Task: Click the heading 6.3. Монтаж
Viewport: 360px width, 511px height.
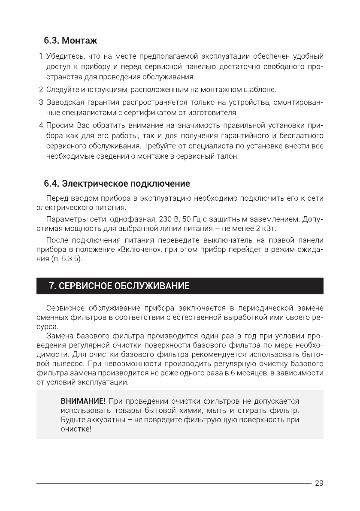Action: [x=70, y=41]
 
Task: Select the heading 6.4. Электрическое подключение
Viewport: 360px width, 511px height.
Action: [x=116, y=184]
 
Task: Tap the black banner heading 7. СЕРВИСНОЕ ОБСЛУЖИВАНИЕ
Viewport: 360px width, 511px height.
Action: [x=119, y=286]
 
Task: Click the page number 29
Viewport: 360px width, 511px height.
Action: [x=319, y=483]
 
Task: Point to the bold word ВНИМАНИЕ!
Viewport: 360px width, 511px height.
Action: [x=83, y=401]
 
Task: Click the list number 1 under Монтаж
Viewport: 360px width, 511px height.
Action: [x=41, y=57]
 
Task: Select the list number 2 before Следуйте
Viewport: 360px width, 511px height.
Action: [x=41, y=90]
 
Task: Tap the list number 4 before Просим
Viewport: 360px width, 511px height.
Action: [x=41, y=125]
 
